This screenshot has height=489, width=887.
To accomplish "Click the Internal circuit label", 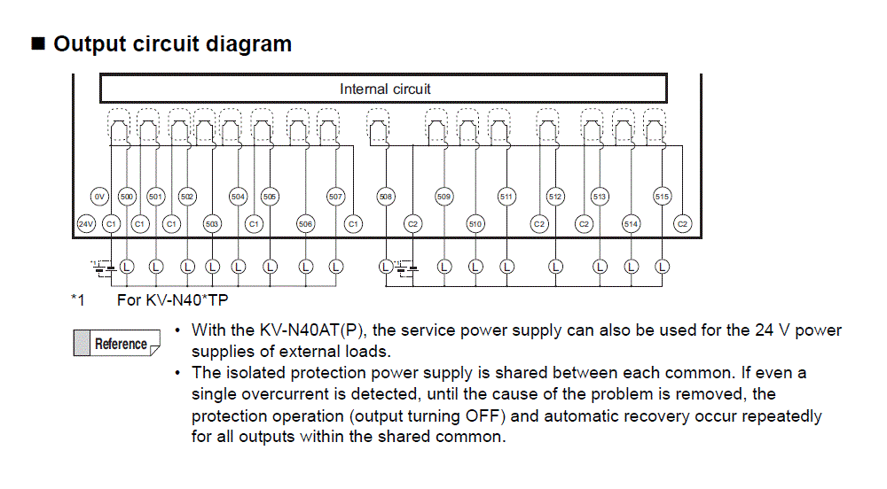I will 385,89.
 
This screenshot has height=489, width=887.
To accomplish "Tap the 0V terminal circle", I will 99,197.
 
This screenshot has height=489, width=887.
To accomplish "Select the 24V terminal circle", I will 85,224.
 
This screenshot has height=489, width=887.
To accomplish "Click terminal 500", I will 127,197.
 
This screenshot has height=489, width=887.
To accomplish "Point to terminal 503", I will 212,224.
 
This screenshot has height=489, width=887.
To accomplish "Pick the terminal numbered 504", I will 238,197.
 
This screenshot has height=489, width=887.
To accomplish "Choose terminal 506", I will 306,224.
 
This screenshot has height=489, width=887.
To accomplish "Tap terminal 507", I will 335,197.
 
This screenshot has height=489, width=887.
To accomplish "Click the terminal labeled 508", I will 386,197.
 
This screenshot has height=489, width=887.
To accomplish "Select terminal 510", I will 475,224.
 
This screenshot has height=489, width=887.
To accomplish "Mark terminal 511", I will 506,197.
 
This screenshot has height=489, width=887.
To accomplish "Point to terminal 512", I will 555,197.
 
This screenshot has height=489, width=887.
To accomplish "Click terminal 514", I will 631,224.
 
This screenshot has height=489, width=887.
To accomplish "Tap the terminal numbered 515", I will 662,197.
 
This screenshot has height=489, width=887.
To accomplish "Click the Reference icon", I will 116,344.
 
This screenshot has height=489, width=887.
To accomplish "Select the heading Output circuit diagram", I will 173,43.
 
